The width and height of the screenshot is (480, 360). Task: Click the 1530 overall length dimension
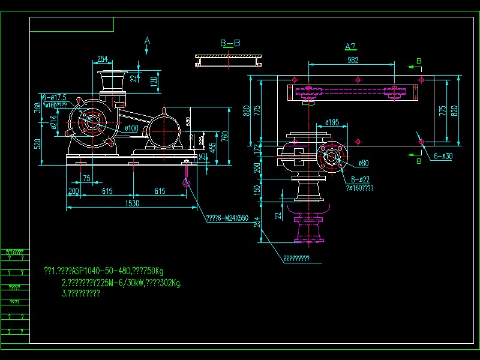pos(131,204)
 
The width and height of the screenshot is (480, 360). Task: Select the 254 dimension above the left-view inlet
pos(103,59)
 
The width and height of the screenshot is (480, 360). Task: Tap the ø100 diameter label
pos(131,128)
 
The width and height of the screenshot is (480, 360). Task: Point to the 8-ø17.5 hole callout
pos(53,97)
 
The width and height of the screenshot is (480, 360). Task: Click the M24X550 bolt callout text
pos(227,218)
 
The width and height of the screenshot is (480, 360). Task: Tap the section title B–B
pos(230,43)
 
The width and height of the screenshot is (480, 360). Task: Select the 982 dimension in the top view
pos(353,59)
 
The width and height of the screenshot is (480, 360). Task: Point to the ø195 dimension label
pos(332,122)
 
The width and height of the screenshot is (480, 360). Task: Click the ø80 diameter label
pos(363,163)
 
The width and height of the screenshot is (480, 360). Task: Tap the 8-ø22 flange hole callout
pos(361,179)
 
